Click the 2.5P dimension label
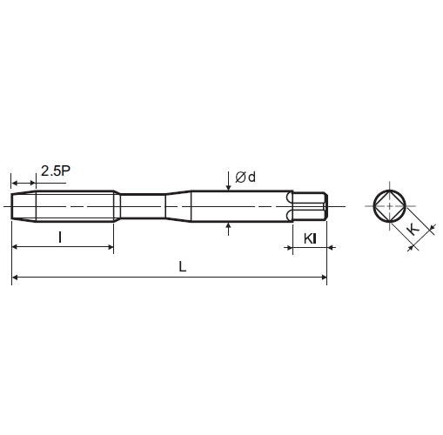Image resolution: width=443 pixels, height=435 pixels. [x=56, y=171]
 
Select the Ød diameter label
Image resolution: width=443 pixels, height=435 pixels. [x=245, y=177]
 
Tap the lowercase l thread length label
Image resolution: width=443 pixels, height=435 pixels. [x=60, y=238]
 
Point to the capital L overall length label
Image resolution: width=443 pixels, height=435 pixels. [x=183, y=266]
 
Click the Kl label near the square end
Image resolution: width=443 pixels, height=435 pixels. [x=310, y=239]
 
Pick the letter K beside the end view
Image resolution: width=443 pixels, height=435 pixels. [x=413, y=230]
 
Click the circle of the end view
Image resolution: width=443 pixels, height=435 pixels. [x=390, y=206]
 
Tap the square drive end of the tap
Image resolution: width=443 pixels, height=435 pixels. [x=311, y=206]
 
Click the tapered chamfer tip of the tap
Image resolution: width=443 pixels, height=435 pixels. [x=23, y=206]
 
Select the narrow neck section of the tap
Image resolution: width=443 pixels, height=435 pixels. [x=143, y=206]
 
